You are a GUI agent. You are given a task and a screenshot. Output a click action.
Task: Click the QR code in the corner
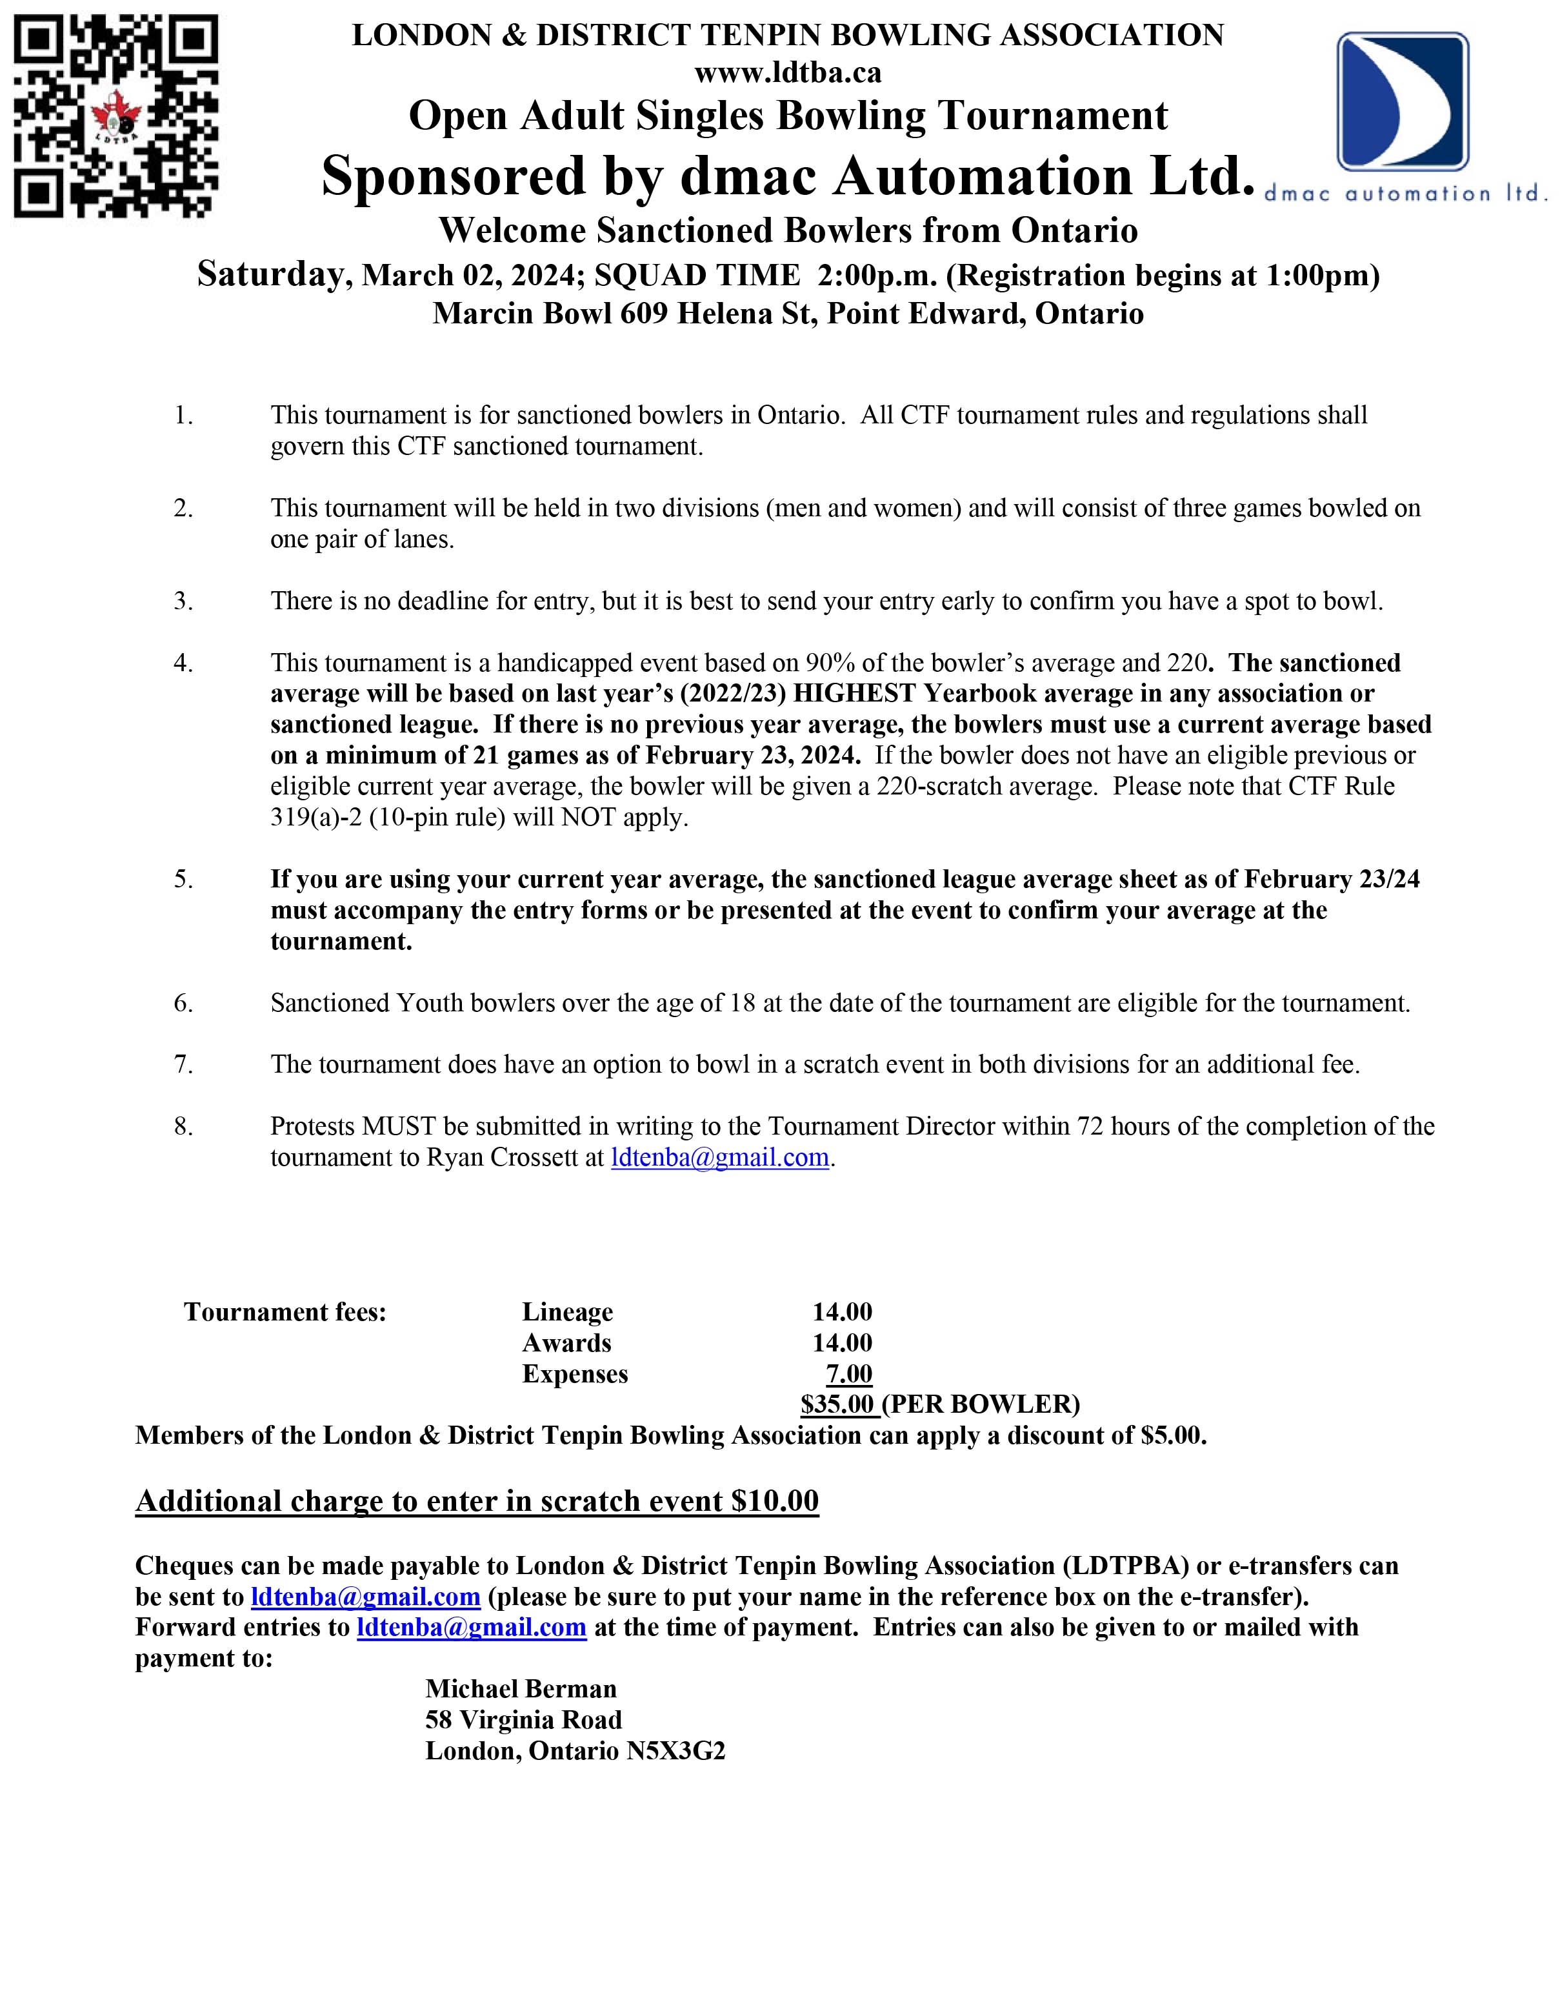click(x=116, y=116)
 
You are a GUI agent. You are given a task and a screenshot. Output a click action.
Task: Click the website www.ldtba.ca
click(x=787, y=71)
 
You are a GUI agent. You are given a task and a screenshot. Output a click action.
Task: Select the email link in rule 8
click(x=720, y=1158)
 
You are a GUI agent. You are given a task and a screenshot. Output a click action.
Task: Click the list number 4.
click(x=184, y=662)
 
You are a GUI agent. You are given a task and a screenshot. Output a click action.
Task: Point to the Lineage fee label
click(x=567, y=1312)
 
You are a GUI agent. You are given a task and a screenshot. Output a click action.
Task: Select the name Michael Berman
click(x=521, y=1688)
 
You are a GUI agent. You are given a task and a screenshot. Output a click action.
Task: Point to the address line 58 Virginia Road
click(x=523, y=1720)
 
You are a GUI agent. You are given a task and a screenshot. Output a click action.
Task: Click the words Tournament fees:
click(x=285, y=1312)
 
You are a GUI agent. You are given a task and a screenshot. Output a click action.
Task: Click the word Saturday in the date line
click(x=270, y=274)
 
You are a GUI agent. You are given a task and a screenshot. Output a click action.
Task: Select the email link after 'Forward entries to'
click(x=471, y=1628)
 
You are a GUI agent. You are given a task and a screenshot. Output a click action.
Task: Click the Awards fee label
click(x=566, y=1343)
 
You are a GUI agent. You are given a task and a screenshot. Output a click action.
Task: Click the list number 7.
click(x=184, y=1064)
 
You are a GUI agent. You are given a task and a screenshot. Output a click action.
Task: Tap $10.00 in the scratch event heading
click(x=775, y=1501)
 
